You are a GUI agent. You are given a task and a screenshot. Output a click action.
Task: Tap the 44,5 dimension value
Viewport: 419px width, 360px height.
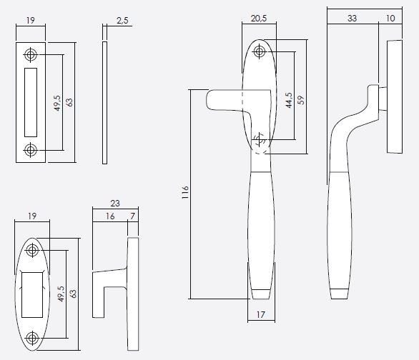click(289, 101)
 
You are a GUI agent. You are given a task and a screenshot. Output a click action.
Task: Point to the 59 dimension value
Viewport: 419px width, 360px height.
click(301, 101)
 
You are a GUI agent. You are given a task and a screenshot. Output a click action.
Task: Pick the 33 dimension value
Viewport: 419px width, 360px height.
click(352, 19)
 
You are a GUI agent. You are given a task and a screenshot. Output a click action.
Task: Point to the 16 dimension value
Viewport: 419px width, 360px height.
click(109, 215)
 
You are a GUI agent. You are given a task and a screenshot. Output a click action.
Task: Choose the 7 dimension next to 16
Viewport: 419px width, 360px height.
click(132, 215)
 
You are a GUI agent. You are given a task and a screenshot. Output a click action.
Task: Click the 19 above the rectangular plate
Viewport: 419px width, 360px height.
click(30, 22)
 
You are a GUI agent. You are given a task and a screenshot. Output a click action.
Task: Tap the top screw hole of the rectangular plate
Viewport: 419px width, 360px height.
click(31, 54)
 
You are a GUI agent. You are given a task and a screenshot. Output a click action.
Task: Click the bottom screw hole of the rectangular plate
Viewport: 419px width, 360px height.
click(31, 150)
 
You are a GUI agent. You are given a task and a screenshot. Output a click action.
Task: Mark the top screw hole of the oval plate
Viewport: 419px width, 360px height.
click(31, 251)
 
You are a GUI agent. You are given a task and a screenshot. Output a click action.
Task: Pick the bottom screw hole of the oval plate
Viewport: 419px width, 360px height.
click(31, 338)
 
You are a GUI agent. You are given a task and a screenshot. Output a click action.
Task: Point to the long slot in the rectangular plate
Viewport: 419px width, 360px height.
click(31, 102)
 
